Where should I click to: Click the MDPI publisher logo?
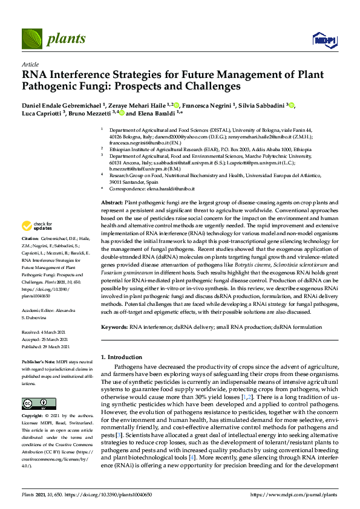pos(324,40)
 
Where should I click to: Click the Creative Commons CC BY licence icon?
pos(35,403)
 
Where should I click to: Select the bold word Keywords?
pos(114,326)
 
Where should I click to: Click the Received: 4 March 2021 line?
pos(45,333)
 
